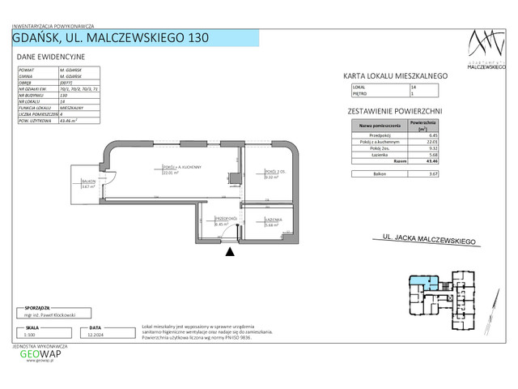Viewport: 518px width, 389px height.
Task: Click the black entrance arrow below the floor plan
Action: (x=231, y=252)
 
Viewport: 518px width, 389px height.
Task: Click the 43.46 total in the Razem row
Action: (x=432, y=161)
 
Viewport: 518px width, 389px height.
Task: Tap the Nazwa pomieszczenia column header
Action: (x=376, y=126)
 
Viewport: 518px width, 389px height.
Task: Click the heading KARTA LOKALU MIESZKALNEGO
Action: (x=397, y=75)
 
